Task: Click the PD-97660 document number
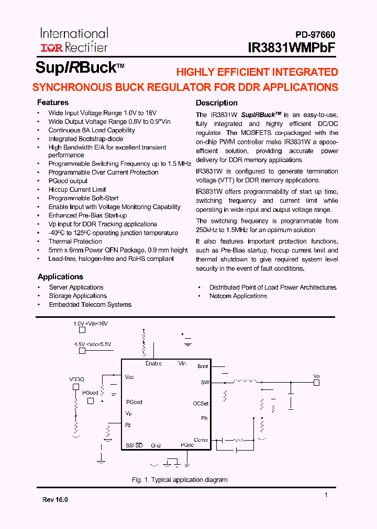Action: pyautogui.click(x=313, y=35)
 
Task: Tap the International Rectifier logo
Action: pyautogui.click(x=74, y=40)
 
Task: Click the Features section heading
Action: pyautogui.click(x=52, y=102)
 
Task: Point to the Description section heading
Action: pyautogui.click(x=216, y=103)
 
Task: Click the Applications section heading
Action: pyautogui.click(x=60, y=277)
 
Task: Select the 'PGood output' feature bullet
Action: pyautogui.click(x=68, y=181)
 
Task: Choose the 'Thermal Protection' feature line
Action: pyautogui.click(x=75, y=241)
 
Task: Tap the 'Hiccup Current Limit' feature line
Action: pyautogui.click(x=77, y=190)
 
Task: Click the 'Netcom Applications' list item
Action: pyautogui.click(x=238, y=296)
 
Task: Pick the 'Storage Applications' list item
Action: pyautogui.click(x=77, y=296)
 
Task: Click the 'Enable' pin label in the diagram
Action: pyautogui.click(x=153, y=363)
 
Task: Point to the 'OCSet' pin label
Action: pyautogui.click(x=201, y=404)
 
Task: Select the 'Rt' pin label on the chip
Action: pyautogui.click(x=128, y=425)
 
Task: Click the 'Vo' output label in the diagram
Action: pyautogui.click(x=316, y=376)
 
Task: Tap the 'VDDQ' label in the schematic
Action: pyautogui.click(x=76, y=379)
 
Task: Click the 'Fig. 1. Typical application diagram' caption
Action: pyautogui.click(x=179, y=480)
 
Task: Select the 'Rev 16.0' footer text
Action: pyautogui.click(x=55, y=500)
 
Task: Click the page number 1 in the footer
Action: pyautogui.click(x=326, y=495)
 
